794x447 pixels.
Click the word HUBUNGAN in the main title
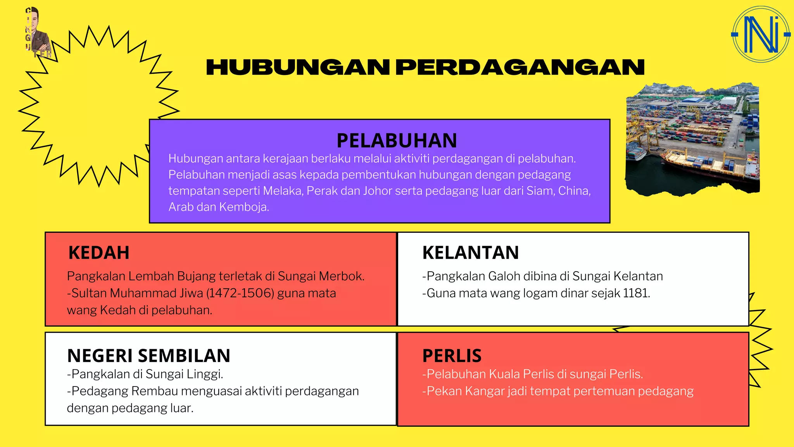click(298, 68)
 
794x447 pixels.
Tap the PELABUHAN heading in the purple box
click(397, 140)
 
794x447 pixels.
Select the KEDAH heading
click(99, 253)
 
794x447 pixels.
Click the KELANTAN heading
click(470, 253)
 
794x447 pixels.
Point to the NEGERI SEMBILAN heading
click(148, 355)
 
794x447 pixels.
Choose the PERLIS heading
click(452, 355)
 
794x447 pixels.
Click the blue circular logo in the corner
click(760, 35)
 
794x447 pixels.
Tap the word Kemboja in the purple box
click(244, 207)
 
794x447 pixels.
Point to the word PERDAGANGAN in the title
click(520, 68)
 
